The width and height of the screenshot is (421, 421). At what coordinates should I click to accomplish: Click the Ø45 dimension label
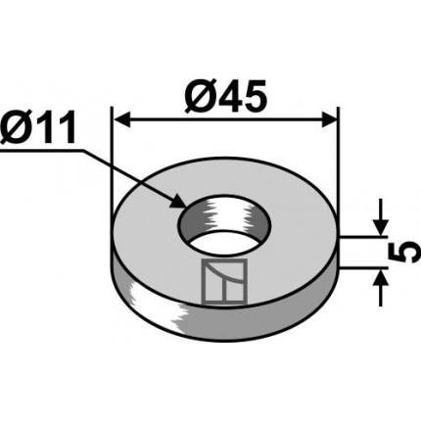(x=225, y=97)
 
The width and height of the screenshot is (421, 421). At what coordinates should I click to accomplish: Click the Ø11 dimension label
(x=37, y=128)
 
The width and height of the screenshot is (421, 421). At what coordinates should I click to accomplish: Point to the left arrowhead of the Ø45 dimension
(x=120, y=119)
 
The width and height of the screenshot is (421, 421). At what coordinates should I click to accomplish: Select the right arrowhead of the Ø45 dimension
(x=329, y=119)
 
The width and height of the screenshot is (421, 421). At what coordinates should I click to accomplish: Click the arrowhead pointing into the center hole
(x=178, y=201)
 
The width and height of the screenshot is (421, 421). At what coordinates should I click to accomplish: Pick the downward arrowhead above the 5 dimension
(x=380, y=227)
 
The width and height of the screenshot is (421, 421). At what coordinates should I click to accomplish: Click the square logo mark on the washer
(x=224, y=282)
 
